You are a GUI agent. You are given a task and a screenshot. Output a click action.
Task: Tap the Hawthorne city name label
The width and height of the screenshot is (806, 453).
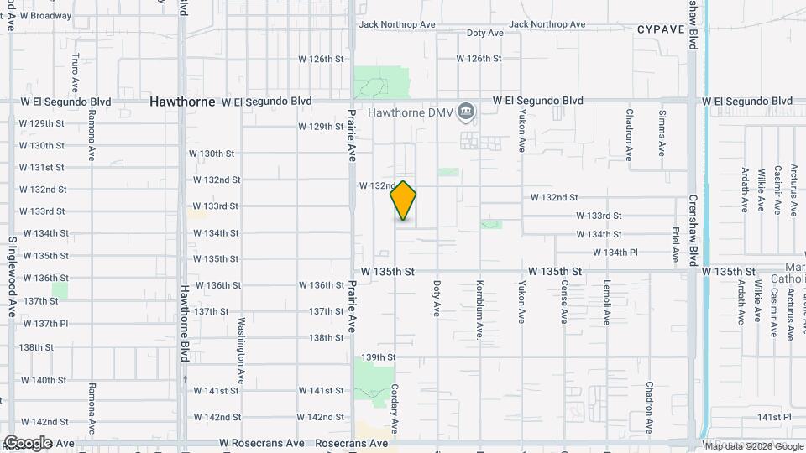pos(181,101)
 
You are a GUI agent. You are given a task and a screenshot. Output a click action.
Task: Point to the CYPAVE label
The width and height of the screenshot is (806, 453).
pos(661,29)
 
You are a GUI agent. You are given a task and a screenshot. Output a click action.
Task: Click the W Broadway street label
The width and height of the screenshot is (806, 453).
pos(45,16)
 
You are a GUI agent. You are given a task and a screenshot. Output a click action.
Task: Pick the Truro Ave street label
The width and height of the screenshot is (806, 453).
pos(76,73)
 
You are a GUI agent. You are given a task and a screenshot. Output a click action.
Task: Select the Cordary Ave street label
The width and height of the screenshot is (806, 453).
pos(395,410)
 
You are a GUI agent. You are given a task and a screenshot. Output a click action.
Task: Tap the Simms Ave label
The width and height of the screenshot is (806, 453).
pos(662,133)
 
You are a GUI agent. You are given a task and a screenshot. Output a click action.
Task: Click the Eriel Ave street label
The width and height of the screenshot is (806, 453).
pos(675,241)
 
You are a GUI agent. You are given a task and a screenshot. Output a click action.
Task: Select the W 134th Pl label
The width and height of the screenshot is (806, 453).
pos(615,252)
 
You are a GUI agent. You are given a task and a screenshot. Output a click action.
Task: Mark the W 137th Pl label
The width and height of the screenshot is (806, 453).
pos(45,323)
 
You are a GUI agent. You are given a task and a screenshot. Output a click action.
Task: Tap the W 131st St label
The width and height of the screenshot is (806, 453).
pos(42,167)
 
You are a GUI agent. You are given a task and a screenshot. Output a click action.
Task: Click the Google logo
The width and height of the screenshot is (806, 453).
pos(29,442)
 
